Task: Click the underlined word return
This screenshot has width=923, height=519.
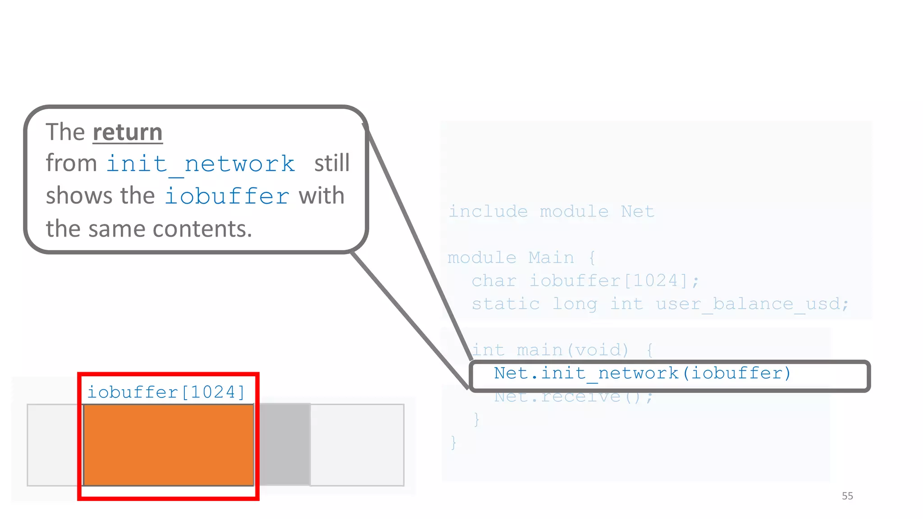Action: [127, 132]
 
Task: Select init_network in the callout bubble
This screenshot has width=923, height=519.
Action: [201, 164]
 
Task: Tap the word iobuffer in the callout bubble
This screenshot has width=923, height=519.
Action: [227, 196]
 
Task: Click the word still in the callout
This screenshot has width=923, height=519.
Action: [332, 163]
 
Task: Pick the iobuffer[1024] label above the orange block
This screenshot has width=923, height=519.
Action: [166, 392]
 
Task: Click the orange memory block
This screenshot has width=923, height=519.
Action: [169, 445]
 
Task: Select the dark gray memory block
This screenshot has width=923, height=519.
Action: [284, 445]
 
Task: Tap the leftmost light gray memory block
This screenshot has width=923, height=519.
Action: [55, 445]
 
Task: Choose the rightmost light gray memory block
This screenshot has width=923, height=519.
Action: [357, 445]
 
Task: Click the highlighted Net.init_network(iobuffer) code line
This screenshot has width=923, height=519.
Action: [642, 373]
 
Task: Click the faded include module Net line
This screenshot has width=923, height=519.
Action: [551, 211]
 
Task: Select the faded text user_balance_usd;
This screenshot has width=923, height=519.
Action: [752, 304]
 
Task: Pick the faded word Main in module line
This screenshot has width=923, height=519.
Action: [551, 258]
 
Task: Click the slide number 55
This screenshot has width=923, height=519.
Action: [847, 496]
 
